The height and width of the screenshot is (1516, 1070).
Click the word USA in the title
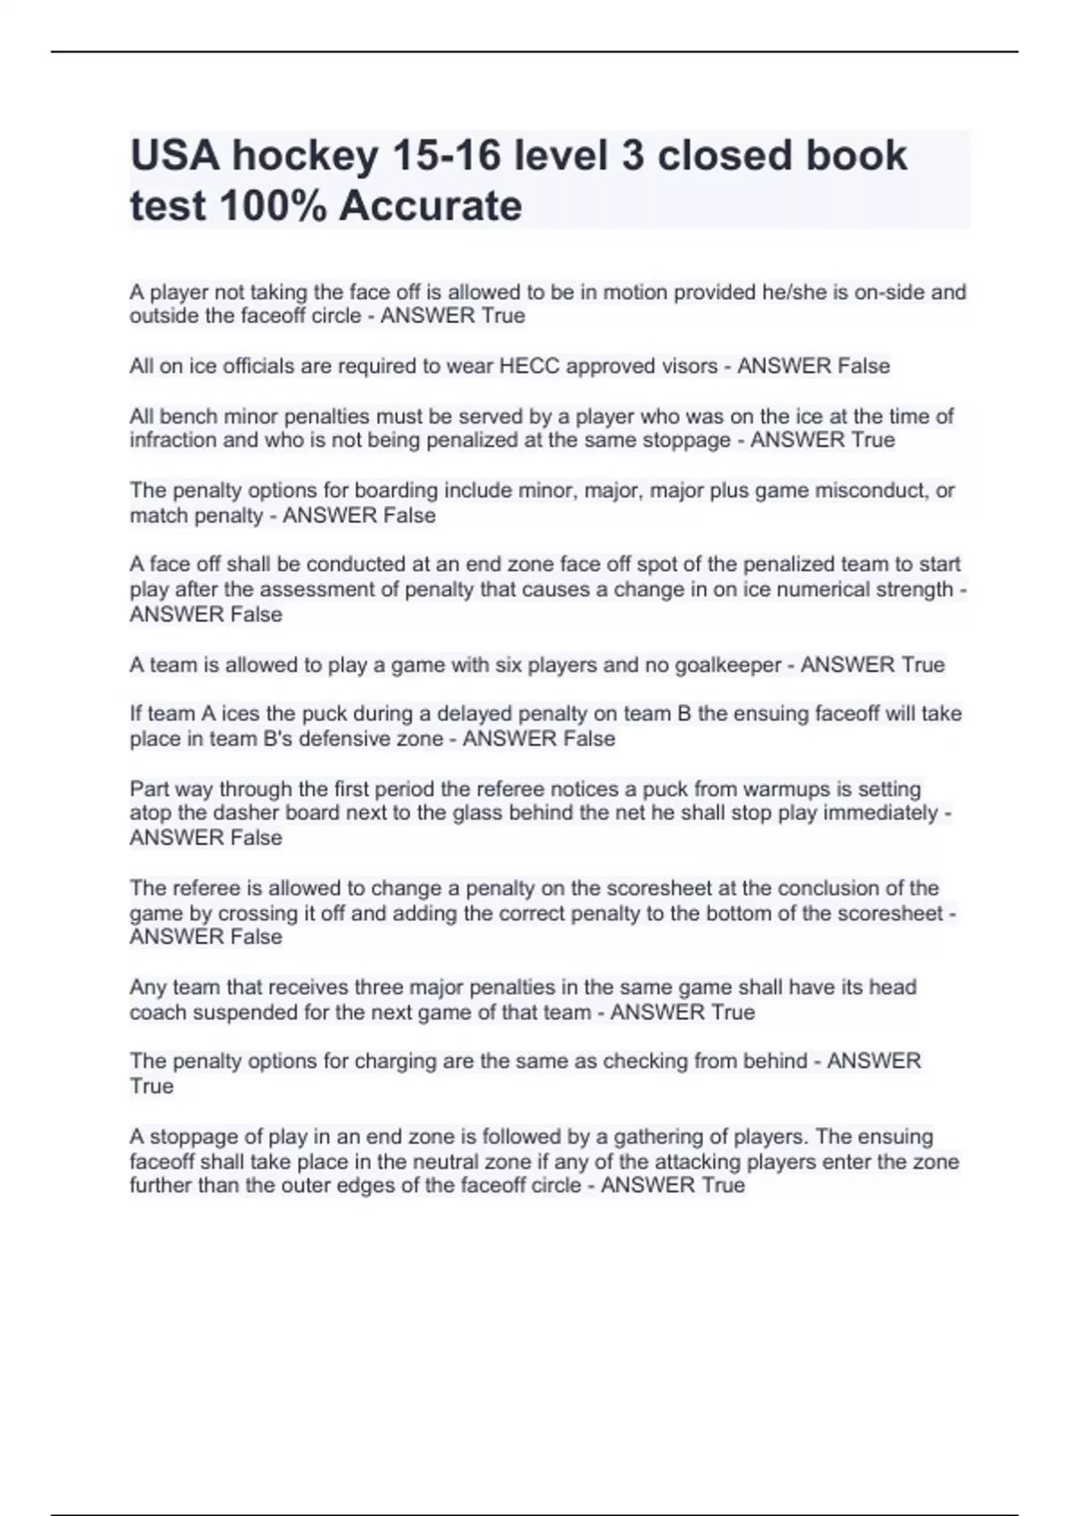click(175, 156)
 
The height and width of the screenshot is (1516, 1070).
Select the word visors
click(686, 366)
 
